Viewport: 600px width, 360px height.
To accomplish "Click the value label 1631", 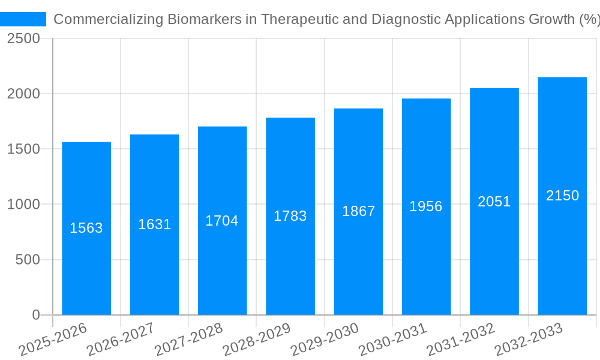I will click(x=155, y=224).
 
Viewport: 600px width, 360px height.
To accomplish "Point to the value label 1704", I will click(x=222, y=221).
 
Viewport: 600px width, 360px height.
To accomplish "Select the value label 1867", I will click(x=358, y=211).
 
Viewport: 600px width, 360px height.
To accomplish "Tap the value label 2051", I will click(x=494, y=202).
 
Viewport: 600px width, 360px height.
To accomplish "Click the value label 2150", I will click(x=562, y=196).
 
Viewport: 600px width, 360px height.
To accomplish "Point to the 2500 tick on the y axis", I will click(x=23, y=38).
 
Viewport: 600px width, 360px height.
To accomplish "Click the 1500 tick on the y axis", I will click(x=23, y=149).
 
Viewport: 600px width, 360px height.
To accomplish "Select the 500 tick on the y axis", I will click(x=28, y=260).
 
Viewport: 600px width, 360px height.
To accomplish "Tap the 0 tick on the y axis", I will click(x=36, y=315).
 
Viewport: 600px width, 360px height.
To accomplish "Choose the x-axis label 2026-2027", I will click(x=121, y=339).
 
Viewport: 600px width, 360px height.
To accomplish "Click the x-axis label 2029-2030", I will click(x=325, y=339).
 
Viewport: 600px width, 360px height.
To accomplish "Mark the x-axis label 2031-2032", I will click(x=461, y=339).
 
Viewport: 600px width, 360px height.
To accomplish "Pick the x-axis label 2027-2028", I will click(x=188, y=339).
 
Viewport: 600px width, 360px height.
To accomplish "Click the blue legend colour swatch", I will click(x=23, y=19).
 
